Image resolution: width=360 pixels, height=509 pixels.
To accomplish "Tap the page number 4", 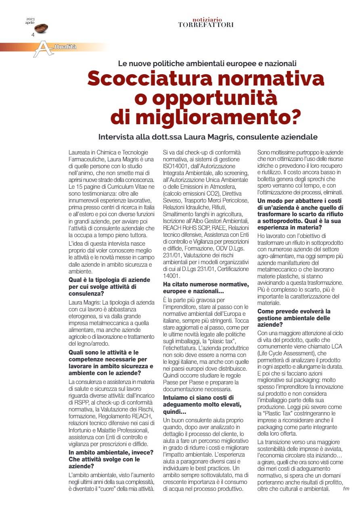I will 33,35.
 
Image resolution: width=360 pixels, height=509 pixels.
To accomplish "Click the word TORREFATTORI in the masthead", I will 206,25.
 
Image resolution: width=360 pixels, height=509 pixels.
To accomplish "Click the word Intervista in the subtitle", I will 117,137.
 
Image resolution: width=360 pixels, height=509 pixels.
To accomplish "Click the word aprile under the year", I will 30,23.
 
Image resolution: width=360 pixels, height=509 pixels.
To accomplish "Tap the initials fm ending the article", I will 346,489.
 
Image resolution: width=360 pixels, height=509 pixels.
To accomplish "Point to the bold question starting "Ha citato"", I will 205,288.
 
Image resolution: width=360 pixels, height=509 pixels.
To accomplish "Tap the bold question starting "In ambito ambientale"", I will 110,455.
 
